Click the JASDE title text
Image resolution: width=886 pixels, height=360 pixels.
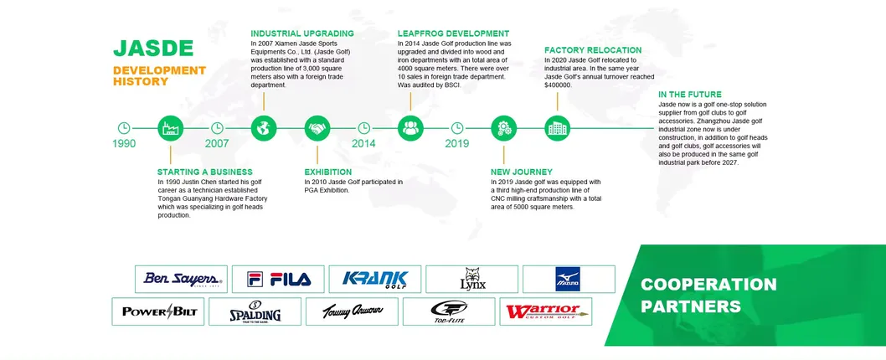[153, 48]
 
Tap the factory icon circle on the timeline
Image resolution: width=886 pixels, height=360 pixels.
[170, 128]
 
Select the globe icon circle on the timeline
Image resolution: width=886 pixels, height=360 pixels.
[263, 128]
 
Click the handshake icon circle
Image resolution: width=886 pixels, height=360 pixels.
[317, 128]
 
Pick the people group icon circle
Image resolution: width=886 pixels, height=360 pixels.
[410, 128]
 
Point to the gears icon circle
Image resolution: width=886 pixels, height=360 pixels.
[503, 128]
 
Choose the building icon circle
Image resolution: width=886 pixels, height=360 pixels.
[557, 128]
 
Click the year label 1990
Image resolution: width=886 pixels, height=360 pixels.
[124, 143]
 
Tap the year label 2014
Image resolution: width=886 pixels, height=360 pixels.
[363, 143]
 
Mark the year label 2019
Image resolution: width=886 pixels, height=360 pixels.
[457, 143]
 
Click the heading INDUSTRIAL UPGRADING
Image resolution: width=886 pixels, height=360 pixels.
[301, 33]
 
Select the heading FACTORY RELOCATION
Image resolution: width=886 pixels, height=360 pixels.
[593, 50]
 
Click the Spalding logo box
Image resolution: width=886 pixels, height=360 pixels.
[256, 311]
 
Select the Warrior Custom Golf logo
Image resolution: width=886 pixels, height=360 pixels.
[547, 311]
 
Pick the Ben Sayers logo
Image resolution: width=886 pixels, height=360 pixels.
[181, 279]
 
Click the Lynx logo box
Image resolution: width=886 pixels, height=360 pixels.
[471, 279]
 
